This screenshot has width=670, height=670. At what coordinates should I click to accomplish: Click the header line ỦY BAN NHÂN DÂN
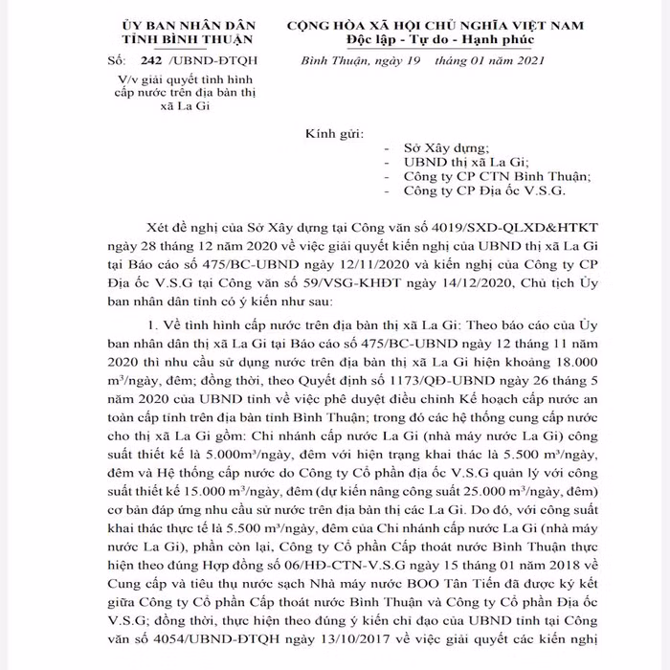point(188,23)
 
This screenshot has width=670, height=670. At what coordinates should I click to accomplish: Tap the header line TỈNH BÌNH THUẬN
point(188,39)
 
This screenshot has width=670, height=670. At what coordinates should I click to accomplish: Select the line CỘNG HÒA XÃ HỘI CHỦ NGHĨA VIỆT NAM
point(435,23)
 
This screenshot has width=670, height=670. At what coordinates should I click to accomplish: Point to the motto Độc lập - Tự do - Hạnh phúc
point(435,39)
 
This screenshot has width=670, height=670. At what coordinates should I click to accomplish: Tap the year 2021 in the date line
point(525,61)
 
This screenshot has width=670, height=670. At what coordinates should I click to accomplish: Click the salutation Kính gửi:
point(333,133)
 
